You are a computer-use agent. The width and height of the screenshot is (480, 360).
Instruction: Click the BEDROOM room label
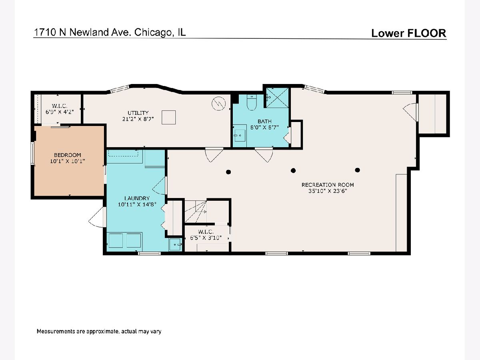(67, 155)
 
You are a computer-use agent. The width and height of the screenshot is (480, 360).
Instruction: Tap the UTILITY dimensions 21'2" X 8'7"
(138, 119)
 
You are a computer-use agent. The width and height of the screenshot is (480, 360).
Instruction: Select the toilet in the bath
(252, 102)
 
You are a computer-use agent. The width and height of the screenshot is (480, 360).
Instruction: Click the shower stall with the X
(277, 98)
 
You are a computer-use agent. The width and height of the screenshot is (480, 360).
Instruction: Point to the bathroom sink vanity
(240, 136)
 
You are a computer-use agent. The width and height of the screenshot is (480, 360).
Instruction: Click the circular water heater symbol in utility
(218, 103)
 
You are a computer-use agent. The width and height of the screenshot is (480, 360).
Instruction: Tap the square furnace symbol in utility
(169, 117)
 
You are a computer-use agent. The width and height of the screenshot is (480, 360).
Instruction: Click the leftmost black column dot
(228, 172)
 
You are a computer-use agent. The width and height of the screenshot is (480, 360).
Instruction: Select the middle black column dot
(293, 170)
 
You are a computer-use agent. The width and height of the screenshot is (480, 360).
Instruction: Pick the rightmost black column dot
(358, 170)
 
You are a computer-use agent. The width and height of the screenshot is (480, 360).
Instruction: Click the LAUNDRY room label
(137, 198)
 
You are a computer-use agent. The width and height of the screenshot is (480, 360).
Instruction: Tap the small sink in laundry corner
(175, 244)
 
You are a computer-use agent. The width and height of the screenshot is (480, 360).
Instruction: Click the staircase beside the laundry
(196, 212)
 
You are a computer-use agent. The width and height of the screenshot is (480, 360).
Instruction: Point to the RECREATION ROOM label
(328, 185)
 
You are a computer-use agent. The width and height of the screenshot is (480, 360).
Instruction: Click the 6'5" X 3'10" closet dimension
(206, 238)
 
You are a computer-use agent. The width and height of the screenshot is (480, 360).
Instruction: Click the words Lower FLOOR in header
(408, 33)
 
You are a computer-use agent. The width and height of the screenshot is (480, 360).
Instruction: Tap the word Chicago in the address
(152, 32)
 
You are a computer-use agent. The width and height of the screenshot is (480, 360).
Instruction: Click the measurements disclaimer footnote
(99, 331)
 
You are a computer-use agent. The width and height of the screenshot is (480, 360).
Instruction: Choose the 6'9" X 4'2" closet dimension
(60, 112)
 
